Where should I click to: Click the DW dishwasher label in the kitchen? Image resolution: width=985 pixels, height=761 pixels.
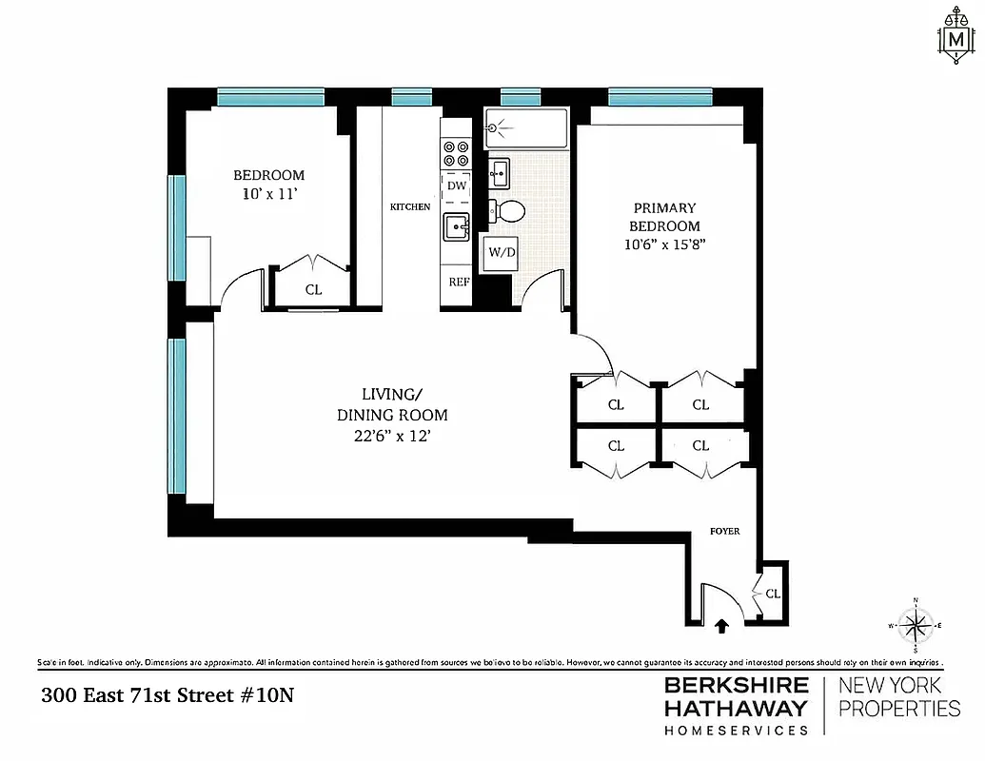tap(457, 185)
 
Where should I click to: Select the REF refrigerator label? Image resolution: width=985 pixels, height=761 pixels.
tap(457, 283)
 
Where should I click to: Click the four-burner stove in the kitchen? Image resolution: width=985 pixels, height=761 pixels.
tap(457, 153)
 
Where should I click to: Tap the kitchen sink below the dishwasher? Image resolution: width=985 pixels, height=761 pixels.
tap(457, 227)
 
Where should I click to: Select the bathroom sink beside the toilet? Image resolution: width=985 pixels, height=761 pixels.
tap(500, 172)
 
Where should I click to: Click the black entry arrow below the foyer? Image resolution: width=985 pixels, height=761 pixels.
tap(721, 625)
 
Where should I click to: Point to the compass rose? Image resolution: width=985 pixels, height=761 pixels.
tap(916, 626)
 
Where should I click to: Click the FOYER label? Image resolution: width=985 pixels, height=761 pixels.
tap(724, 531)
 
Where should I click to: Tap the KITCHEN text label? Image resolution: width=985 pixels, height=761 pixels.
tap(410, 206)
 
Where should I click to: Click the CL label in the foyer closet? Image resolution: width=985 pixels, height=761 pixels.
tap(773, 594)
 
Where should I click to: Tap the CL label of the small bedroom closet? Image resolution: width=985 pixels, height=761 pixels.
tap(313, 291)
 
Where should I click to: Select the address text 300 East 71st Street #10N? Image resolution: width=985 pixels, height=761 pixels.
tap(167, 695)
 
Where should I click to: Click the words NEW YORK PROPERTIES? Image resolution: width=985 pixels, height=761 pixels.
tap(898, 696)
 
